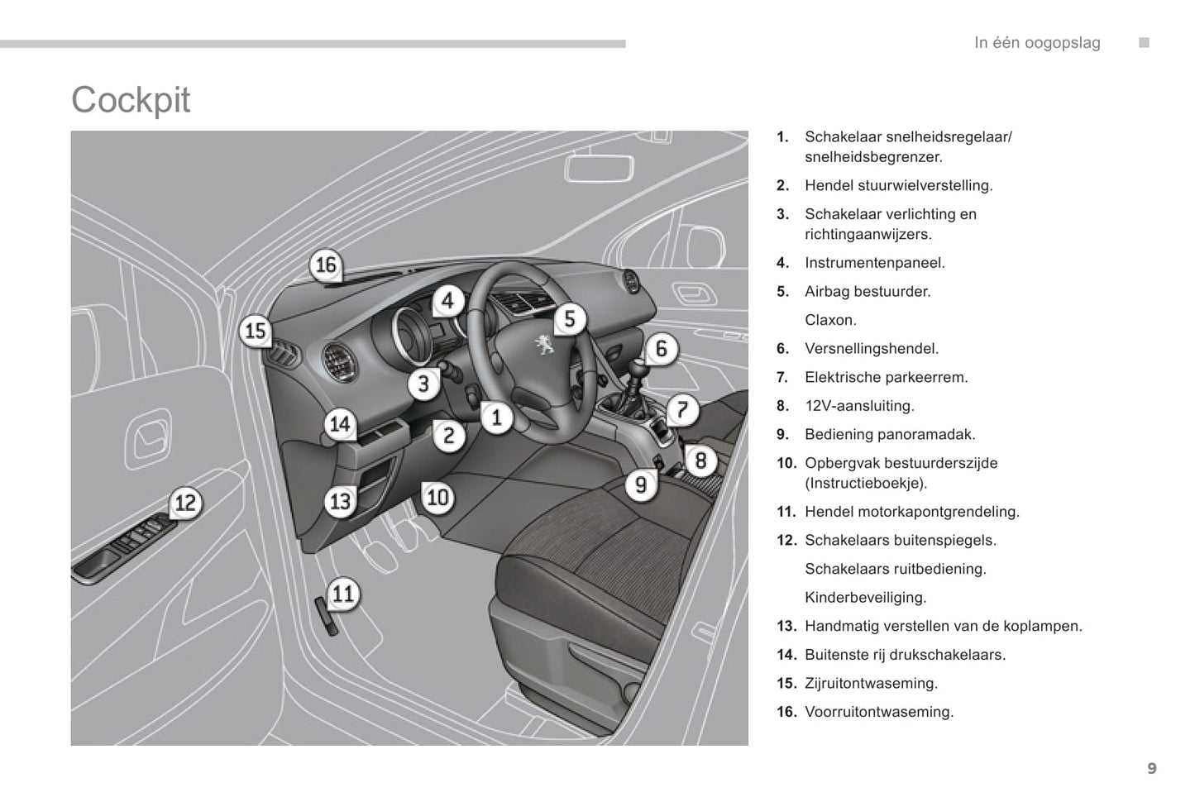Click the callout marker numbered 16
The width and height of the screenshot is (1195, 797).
coord(326,265)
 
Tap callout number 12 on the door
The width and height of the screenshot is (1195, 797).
coord(185,503)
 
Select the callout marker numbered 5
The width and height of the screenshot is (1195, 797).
coord(569,318)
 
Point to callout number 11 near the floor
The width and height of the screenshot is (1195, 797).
coord(342,593)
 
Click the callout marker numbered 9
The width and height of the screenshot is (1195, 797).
coord(641,484)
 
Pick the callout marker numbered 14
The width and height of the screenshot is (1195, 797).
coord(340,424)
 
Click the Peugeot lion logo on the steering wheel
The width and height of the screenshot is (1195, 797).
coord(543,343)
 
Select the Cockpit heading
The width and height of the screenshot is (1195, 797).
coord(131,100)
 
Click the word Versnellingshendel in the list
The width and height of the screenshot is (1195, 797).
coord(872,349)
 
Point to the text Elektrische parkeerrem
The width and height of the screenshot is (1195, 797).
coord(886,377)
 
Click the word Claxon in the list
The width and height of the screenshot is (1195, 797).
coord(830,320)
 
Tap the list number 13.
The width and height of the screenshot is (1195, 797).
coord(786,627)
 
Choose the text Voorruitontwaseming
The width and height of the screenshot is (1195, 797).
coord(879,712)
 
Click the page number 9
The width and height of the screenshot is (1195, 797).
coord(1151,769)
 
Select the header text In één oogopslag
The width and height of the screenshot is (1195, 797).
coord(1037,43)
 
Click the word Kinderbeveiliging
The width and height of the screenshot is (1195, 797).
coord(865,598)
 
